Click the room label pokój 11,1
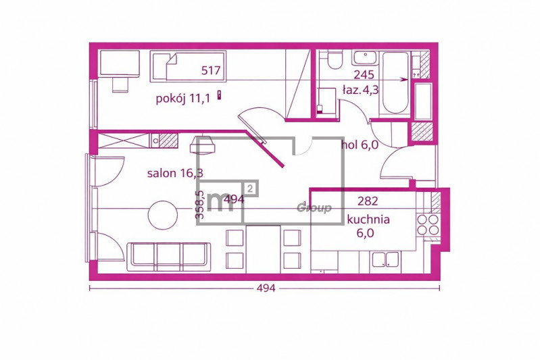[183, 99]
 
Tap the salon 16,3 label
[175, 173]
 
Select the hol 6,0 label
[360, 145]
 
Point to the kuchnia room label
[368, 220]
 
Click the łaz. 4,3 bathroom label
[360, 90]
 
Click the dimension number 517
[211, 70]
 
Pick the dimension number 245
[364, 74]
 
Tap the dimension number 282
[368, 201]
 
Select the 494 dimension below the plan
[266, 288]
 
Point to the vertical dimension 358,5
[199, 205]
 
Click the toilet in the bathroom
[335, 59]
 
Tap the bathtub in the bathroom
[395, 82]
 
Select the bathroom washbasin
[365, 58]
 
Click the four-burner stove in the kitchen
[428, 224]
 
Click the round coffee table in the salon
[163, 215]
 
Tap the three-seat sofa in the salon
[169, 257]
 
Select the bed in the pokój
[188, 66]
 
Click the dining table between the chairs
[263, 249]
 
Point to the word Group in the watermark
[314, 208]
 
